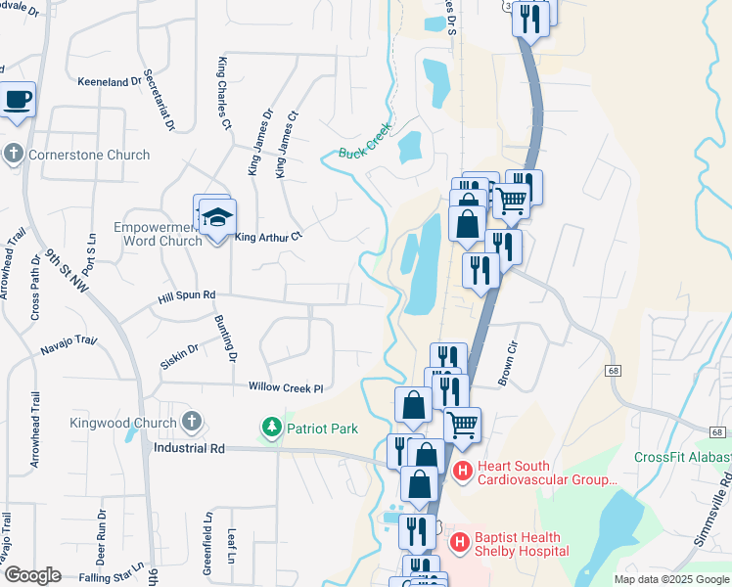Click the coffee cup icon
[19, 99]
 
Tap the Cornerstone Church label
[88, 155]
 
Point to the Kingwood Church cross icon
[192, 423]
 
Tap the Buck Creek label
[365, 139]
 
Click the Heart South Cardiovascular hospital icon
[464, 472]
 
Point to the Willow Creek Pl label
[285, 388]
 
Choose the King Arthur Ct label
[269, 236]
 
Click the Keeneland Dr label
[116, 82]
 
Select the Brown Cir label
[507, 364]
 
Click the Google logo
[31, 575]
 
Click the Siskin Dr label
[179, 348]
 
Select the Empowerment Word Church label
[158, 234]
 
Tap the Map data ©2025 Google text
[671, 579]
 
